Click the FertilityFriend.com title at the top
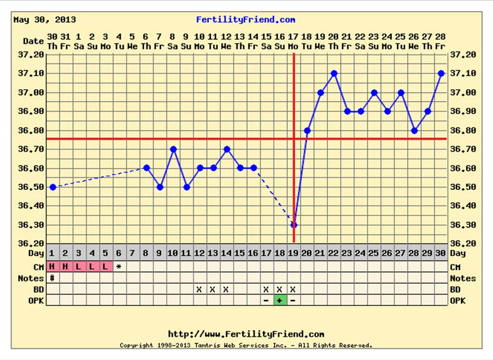point(245,20)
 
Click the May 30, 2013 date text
point(44,20)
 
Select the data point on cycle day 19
point(294,225)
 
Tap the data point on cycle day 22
point(334,73)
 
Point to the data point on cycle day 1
point(53,187)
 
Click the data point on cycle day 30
point(441,73)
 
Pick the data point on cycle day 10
point(173,149)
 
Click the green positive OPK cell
point(280,300)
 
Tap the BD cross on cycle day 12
point(199,290)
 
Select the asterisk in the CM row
point(119,267)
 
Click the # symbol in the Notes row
point(52,278)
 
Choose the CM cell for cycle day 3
point(79,267)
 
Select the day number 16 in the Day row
point(252,253)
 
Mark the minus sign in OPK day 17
point(266,300)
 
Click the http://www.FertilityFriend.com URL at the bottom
point(246,334)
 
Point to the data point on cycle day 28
point(414,130)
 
